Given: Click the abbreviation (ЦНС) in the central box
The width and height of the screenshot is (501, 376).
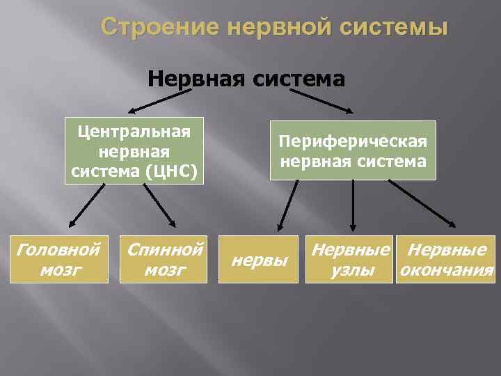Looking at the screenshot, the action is (174, 169).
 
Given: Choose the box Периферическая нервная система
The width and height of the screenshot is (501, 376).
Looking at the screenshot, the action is (353, 150).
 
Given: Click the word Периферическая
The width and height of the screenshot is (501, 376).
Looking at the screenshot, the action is (353, 141).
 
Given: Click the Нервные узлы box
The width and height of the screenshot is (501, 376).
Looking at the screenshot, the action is (350, 260).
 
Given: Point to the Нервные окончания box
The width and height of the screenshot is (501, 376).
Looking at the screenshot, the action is (445, 260).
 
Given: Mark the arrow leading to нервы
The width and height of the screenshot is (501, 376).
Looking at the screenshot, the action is (288, 206).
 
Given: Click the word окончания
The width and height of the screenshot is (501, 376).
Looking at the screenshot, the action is (445, 270).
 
